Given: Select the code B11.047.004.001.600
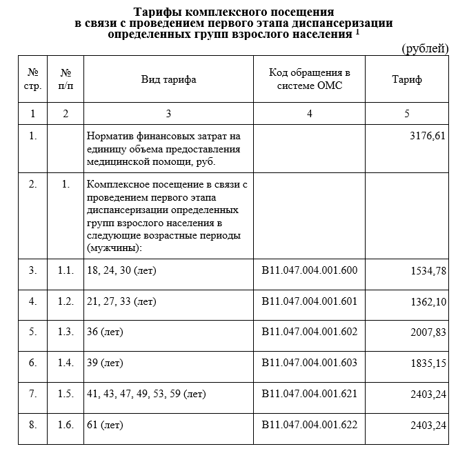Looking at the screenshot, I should point(310,270).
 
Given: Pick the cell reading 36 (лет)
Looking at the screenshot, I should point(101,332).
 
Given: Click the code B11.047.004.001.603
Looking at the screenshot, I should point(310,362).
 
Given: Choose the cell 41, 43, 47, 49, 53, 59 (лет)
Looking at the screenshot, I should point(146,394).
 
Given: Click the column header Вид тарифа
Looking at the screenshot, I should point(168,79).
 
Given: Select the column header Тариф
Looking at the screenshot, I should point(406,79).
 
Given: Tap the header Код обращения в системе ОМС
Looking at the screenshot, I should point(310,79).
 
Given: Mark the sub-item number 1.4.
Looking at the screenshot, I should point(66,362).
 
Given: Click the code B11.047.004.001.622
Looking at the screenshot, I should point(310,424).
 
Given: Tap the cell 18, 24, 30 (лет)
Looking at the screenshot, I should point(121,270).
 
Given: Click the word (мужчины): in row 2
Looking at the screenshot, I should point(114,248).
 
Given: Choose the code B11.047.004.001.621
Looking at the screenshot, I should point(310,394).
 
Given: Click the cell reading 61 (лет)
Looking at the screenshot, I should point(101,424).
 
